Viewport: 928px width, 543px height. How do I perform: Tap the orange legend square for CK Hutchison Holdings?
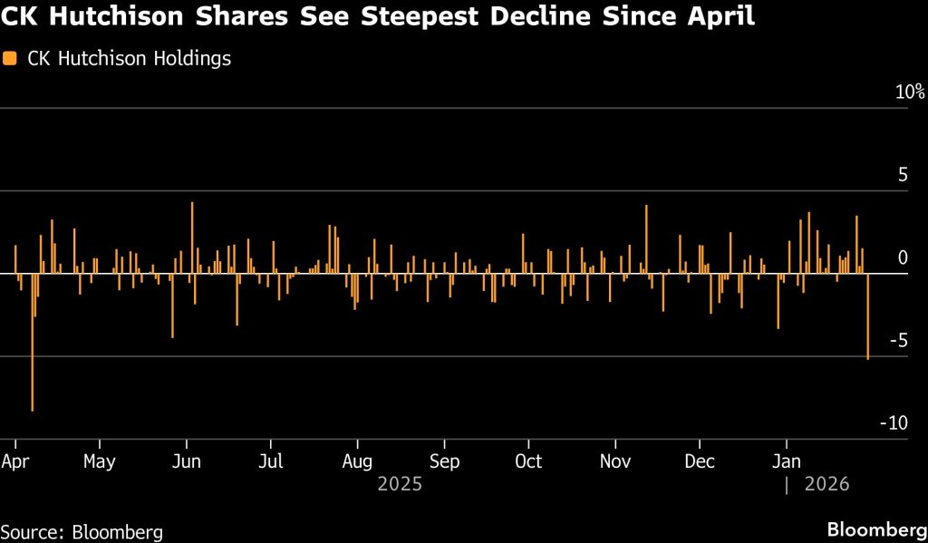click(10, 59)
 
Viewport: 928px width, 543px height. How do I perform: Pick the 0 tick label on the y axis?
click(903, 258)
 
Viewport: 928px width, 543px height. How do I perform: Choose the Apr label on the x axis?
click(15, 461)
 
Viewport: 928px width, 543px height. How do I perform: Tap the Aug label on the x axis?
click(358, 461)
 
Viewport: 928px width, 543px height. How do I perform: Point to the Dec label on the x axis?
click(700, 461)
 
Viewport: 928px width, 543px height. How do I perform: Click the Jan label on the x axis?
click(785, 461)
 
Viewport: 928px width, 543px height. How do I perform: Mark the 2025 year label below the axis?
click(400, 484)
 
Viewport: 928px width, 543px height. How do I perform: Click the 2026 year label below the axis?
click(826, 484)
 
